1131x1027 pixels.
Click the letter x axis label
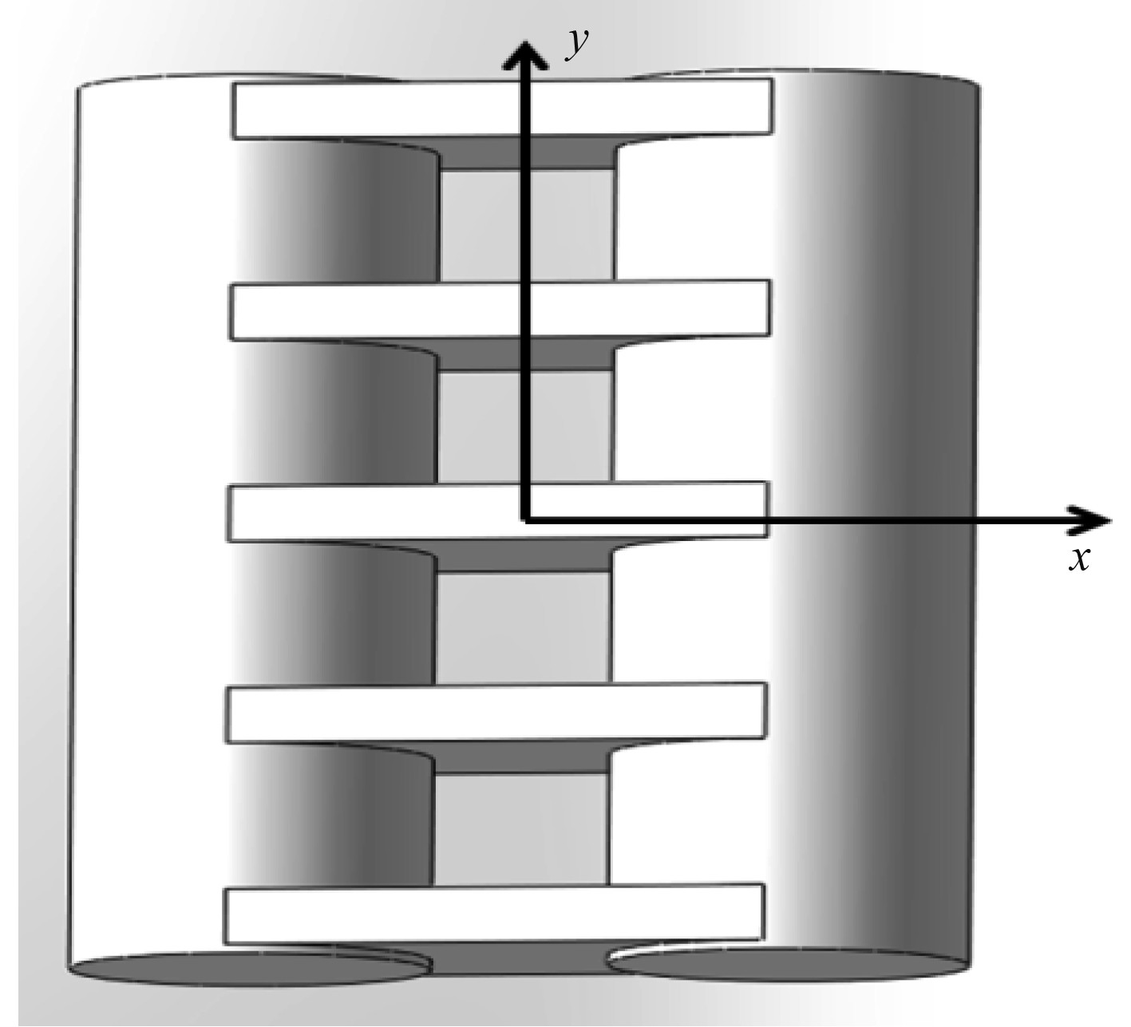click(1079, 559)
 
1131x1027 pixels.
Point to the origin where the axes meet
click(525, 520)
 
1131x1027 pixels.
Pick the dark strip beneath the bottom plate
click(520, 958)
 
